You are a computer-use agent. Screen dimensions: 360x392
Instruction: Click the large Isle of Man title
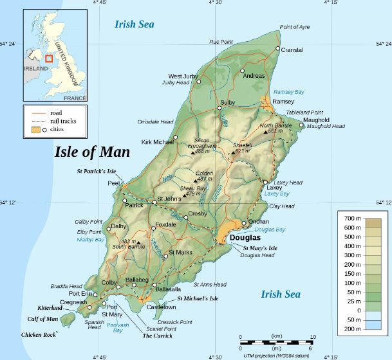click(91, 152)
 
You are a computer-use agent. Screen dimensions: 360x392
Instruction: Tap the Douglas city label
click(245, 237)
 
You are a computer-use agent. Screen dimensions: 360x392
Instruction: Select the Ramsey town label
click(283, 102)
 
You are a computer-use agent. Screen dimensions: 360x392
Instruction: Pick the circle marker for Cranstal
click(278, 49)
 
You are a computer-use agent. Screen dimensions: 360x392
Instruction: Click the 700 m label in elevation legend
click(351, 219)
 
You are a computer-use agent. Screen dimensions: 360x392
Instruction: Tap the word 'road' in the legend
click(55, 113)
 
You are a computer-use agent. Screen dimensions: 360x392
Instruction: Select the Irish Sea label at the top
click(135, 24)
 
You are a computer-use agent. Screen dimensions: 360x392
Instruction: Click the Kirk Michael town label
click(156, 141)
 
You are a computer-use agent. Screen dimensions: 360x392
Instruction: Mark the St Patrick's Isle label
click(97, 171)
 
